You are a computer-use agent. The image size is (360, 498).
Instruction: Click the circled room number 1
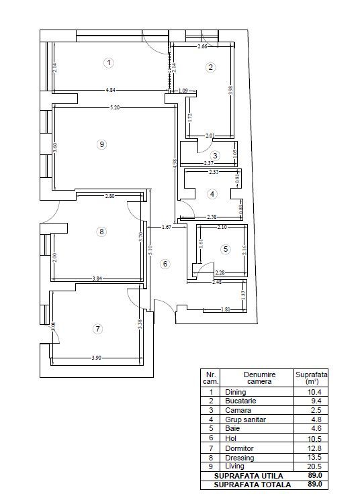pyautogui.click(x=107, y=62)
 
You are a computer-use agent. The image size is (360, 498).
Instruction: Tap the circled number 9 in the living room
pyautogui.click(x=101, y=144)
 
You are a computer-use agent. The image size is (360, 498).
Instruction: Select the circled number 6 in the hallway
pyautogui.click(x=165, y=264)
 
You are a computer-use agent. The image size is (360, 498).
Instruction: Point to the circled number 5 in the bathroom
pyautogui.click(x=226, y=250)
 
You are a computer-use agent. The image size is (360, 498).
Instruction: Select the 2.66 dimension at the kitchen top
pyautogui.click(x=202, y=47)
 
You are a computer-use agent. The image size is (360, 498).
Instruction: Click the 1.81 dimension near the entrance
pyautogui.click(x=226, y=309)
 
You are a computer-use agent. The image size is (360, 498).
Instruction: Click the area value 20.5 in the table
pyautogui.click(x=309, y=466)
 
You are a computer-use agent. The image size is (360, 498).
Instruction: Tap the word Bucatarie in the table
pyautogui.click(x=241, y=401)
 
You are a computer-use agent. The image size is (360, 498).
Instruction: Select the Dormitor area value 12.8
pyautogui.click(x=309, y=448)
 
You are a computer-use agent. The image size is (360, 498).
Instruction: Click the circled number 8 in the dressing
pyautogui.click(x=101, y=232)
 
